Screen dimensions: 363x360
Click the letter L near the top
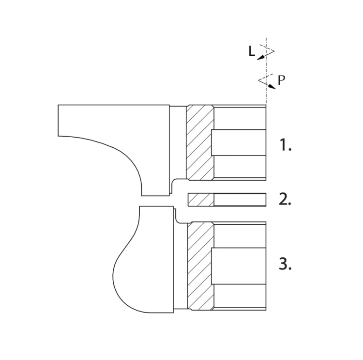pyautogui.click(x=252, y=51)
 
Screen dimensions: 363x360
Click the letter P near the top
pyautogui.click(x=281, y=80)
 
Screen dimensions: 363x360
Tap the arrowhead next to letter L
pyautogui.click(x=261, y=58)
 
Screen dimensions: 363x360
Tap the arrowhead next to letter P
pyautogui.click(x=272, y=86)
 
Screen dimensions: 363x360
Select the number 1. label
pyautogui.click(x=286, y=145)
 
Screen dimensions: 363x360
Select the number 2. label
pyautogui.click(x=285, y=199)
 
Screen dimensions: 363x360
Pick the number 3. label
pyautogui.click(x=285, y=264)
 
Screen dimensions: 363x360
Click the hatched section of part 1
pyautogui.click(x=200, y=142)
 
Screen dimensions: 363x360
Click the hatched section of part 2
pyautogui.click(x=201, y=200)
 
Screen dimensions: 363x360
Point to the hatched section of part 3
pyautogui.click(x=201, y=266)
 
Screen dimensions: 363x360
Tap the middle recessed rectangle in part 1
pyautogui.click(x=239, y=142)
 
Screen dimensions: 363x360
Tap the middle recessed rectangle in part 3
pyautogui.click(x=239, y=266)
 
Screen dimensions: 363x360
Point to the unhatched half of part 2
pyautogui.click(x=240, y=200)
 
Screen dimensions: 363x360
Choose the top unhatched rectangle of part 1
pyautogui.click(x=240, y=118)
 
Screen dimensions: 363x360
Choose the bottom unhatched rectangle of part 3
pyautogui.click(x=240, y=296)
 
